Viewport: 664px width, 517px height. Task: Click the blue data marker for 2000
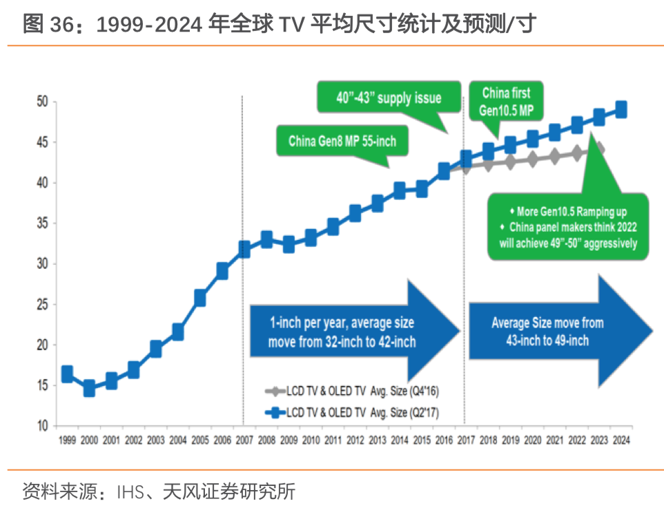click(x=89, y=389)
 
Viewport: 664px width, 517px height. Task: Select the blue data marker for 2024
click(x=621, y=110)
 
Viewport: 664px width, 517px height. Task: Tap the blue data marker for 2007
click(x=244, y=249)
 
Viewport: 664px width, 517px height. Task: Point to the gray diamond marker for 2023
click(x=598, y=150)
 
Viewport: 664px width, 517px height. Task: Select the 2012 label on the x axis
click(x=355, y=440)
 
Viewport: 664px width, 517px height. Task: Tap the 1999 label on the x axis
click(x=67, y=440)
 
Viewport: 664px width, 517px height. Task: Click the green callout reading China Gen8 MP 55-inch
click(x=342, y=142)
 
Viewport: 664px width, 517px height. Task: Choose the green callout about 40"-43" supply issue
click(x=389, y=98)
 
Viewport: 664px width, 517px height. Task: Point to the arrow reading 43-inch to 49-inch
click(x=552, y=332)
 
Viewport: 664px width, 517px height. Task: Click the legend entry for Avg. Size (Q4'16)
click(x=352, y=392)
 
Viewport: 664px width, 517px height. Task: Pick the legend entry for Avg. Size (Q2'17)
click(x=352, y=412)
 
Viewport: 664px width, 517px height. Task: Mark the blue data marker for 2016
click(x=444, y=172)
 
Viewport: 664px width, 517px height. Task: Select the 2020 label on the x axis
click(x=532, y=440)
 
